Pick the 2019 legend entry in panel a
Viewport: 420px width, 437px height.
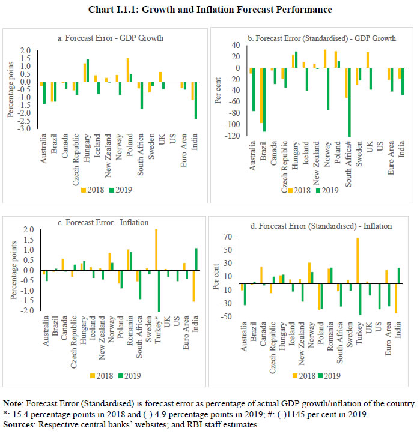point(123,190)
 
